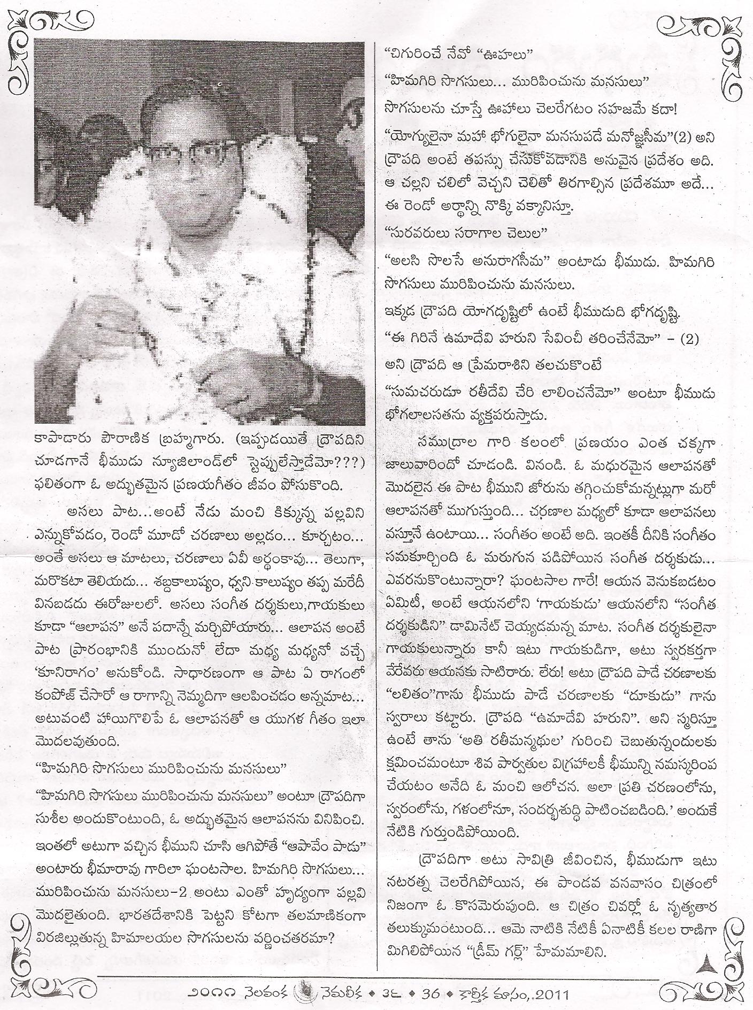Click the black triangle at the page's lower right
(709, 965)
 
